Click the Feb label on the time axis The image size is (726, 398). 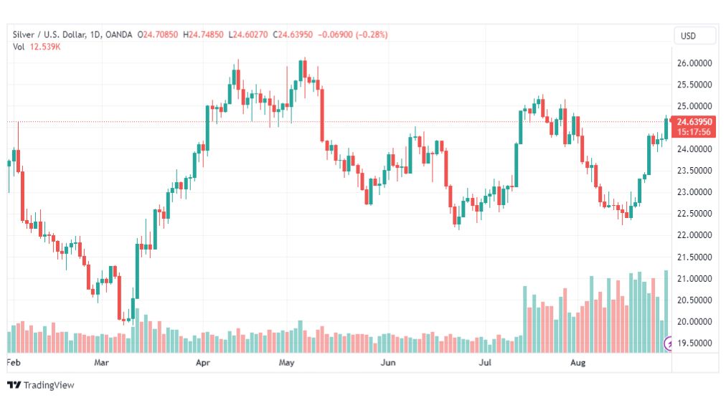[14, 363]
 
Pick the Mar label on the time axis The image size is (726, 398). [102, 363]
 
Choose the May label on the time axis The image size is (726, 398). [287, 363]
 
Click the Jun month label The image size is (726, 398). [388, 363]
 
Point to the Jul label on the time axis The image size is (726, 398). [486, 363]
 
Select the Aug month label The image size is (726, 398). [577, 363]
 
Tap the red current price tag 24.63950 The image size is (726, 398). [695, 122]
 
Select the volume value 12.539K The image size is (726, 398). [44, 47]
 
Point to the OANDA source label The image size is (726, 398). [119, 34]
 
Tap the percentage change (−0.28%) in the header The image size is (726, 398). [372, 34]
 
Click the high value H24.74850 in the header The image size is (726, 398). [203, 34]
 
